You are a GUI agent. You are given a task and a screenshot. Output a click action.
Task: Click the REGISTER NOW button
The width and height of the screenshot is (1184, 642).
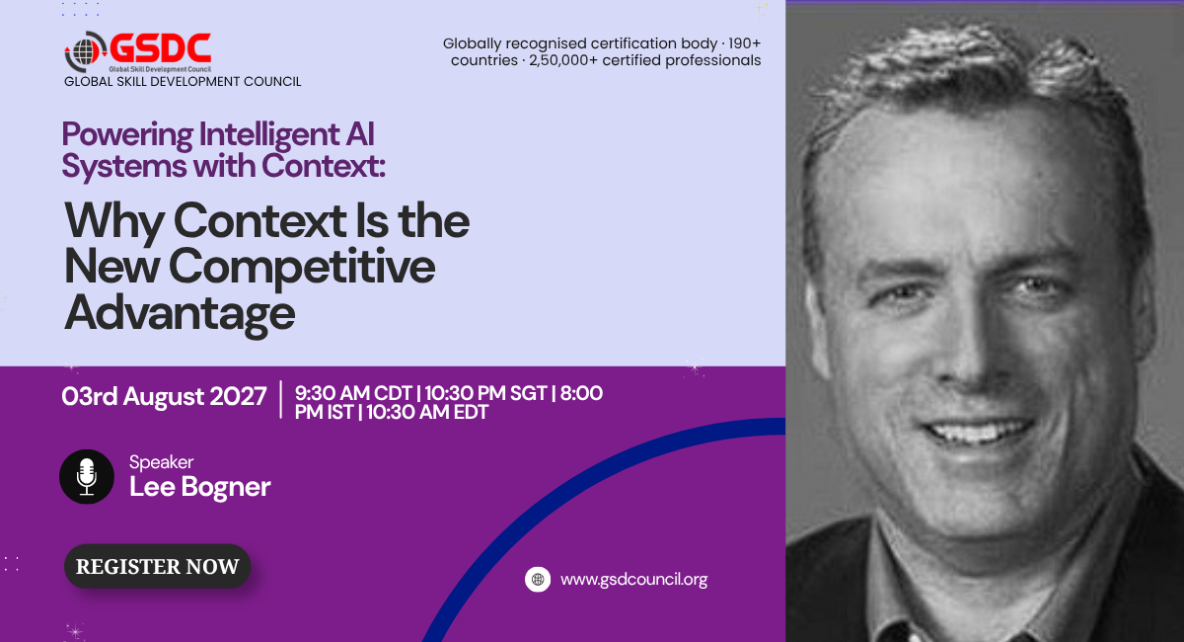click(157, 566)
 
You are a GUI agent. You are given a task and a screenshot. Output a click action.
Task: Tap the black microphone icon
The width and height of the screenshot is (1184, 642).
click(87, 476)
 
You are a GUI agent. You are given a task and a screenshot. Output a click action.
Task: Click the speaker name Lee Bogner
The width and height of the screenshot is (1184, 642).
click(199, 487)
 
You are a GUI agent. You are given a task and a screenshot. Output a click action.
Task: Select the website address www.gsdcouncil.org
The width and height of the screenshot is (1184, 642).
click(633, 580)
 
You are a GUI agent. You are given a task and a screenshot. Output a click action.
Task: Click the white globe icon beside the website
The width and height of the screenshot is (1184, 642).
click(538, 579)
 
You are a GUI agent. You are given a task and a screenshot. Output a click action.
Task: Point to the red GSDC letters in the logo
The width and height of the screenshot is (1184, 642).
click(161, 48)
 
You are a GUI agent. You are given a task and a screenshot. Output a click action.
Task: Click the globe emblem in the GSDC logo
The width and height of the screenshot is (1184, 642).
click(86, 51)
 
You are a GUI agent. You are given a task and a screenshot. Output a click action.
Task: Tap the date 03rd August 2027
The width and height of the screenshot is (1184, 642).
click(164, 396)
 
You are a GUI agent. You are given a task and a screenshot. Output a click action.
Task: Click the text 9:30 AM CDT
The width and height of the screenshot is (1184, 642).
click(353, 393)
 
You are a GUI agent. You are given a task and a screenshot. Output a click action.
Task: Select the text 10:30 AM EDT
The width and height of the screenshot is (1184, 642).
click(427, 412)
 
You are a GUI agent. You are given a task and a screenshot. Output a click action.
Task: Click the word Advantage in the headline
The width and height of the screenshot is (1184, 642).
click(180, 314)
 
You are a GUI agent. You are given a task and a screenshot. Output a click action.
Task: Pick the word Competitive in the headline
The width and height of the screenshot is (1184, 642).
click(302, 268)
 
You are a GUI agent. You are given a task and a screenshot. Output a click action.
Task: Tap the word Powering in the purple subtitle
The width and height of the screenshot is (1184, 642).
click(127, 134)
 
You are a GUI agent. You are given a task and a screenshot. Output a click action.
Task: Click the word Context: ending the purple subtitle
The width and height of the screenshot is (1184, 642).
click(324, 166)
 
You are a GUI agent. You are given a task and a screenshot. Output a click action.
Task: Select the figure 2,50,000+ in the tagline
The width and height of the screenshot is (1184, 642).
click(563, 60)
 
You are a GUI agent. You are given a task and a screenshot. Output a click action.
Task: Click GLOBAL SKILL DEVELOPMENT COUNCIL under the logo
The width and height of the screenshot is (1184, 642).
click(183, 82)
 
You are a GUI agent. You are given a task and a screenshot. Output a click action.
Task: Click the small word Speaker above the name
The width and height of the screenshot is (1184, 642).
click(161, 462)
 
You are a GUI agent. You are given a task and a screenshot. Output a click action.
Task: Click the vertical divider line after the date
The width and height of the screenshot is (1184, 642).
click(280, 400)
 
